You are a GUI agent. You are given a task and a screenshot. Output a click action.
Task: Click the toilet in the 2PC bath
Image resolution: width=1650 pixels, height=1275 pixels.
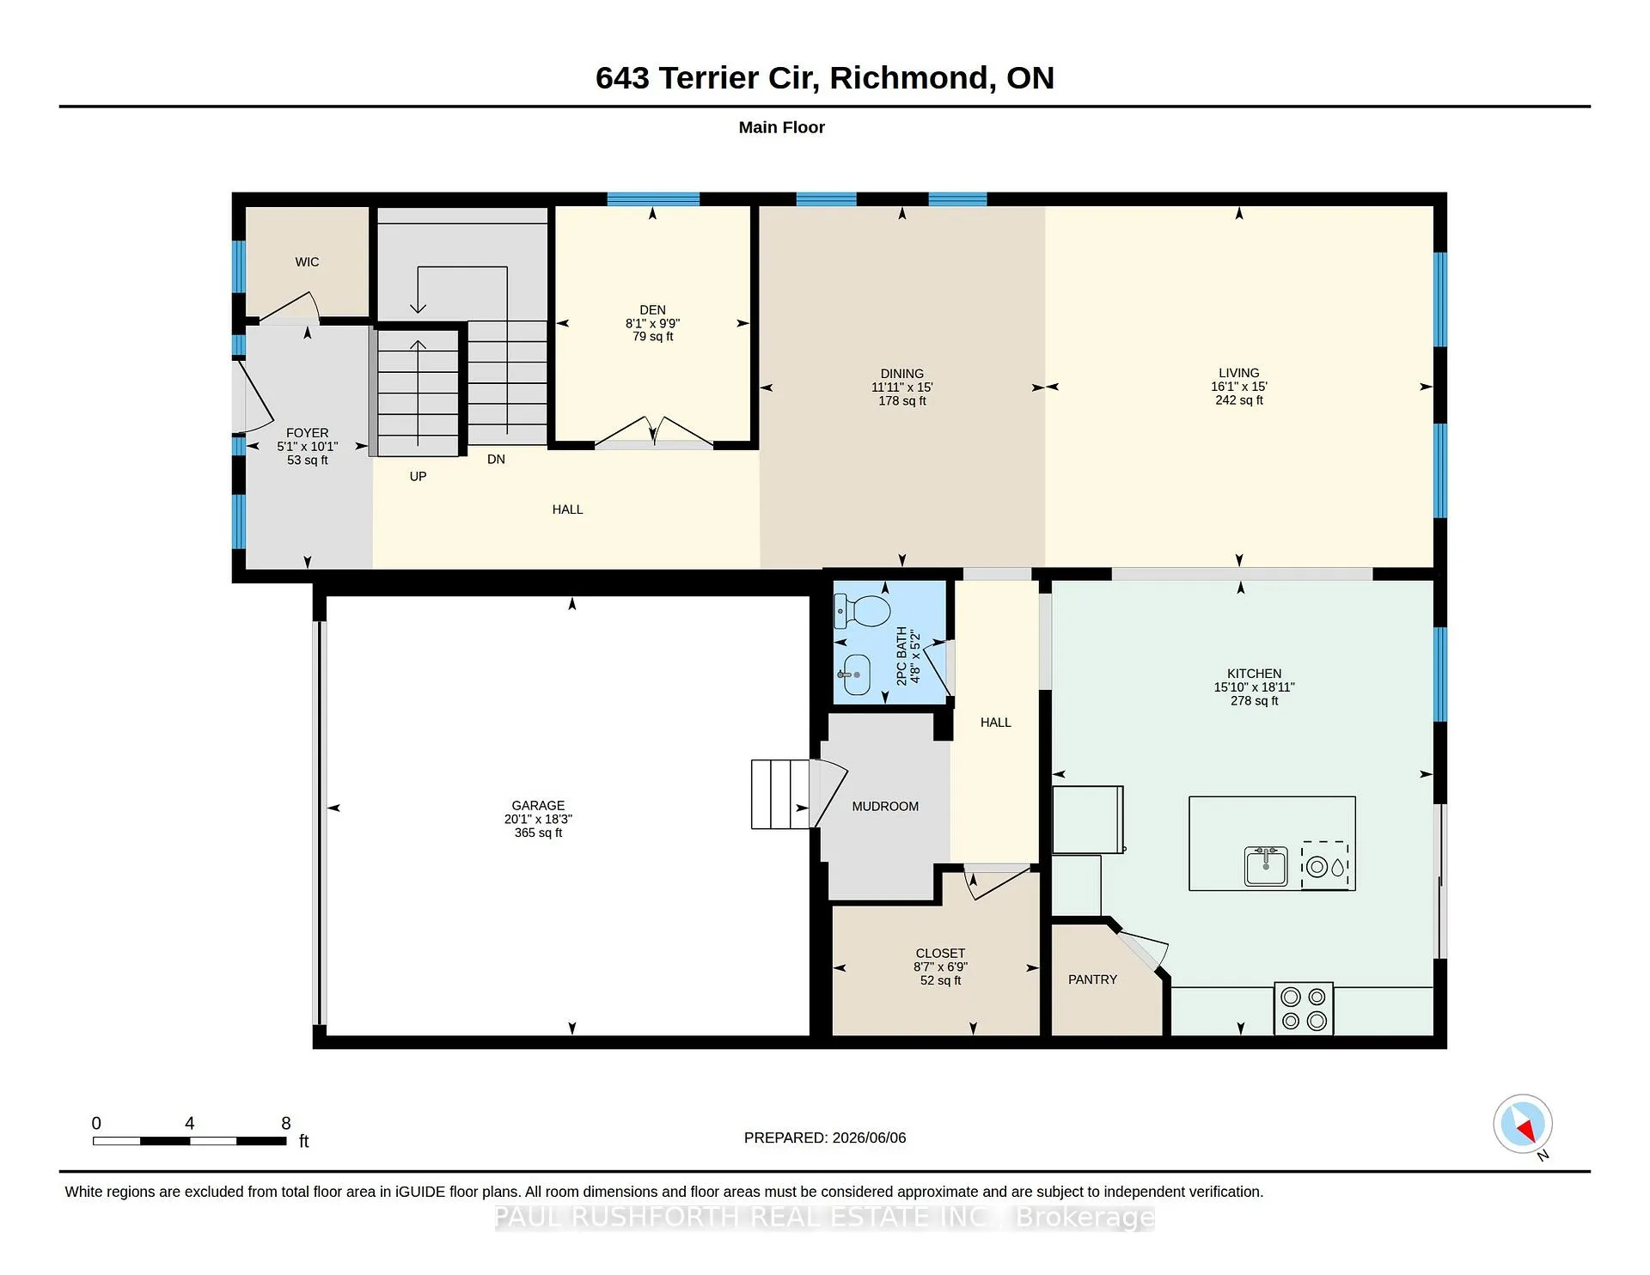tap(862, 611)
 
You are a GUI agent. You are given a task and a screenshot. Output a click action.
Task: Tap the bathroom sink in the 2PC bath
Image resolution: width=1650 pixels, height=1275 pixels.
tap(853, 674)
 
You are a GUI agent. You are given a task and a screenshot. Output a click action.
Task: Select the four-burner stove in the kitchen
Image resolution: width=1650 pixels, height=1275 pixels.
tap(1303, 1009)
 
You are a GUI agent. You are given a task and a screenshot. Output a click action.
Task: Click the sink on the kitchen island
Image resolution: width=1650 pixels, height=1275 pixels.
tap(1266, 865)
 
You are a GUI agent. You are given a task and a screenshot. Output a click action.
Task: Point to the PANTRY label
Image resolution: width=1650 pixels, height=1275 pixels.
tap(1092, 979)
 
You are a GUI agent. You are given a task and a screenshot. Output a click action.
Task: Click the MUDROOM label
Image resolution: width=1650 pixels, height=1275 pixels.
tap(885, 806)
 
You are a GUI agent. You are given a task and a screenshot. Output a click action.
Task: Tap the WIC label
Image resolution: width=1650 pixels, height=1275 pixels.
tap(307, 262)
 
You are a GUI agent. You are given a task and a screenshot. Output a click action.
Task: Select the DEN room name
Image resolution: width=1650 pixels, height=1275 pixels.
tap(652, 310)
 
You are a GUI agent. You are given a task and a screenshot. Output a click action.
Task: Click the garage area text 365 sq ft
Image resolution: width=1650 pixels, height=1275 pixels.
tap(538, 833)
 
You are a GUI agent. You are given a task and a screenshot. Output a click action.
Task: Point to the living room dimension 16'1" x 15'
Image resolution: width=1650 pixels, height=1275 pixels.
tap(1238, 387)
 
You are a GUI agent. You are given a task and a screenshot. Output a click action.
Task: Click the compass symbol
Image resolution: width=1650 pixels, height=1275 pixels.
tap(1523, 1124)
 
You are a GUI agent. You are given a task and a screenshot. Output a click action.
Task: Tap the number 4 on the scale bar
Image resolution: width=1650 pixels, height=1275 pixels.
tap(189, 1123)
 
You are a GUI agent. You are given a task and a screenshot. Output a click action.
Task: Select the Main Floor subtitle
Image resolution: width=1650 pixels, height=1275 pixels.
tap(781, 127)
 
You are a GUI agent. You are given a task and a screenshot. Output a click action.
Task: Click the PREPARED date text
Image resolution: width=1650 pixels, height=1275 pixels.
tap(824, 1138)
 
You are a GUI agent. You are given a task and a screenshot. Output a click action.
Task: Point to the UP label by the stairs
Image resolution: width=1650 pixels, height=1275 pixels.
tap(418, 476)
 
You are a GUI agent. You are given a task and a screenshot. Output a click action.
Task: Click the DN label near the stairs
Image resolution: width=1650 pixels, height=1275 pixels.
tap(496, 460)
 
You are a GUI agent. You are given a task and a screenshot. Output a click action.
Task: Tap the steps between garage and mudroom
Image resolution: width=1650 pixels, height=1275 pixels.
tap(781, 794)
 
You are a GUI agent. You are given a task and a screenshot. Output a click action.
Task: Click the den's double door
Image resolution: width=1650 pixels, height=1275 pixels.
tap(654, 432)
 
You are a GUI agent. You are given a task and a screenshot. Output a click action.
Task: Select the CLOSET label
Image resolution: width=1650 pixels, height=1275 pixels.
tap(940, 954)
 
